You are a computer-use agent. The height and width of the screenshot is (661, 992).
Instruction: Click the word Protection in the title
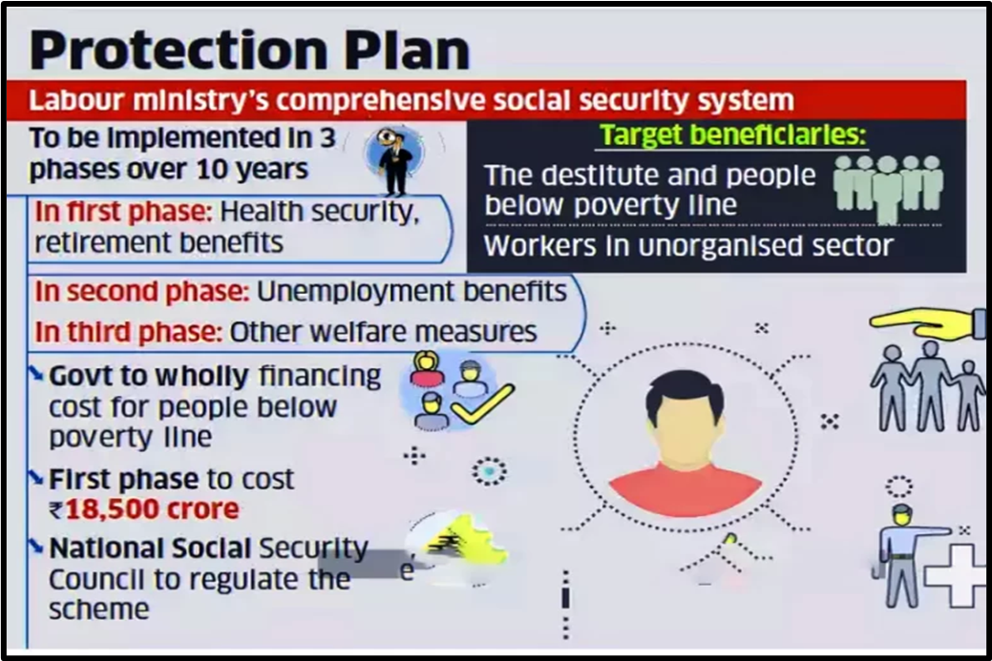coord(179,50)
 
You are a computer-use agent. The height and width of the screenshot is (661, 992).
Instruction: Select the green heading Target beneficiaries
coord(732,134)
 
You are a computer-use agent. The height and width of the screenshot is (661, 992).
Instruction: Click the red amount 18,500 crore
coord(153,508)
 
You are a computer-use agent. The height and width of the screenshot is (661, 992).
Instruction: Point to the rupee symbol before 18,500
coord(56,509)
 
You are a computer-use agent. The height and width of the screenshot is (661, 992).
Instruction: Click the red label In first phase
coord(123,213)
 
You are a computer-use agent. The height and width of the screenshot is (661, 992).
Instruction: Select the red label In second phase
coord(142,292)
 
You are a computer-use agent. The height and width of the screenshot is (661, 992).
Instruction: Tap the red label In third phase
coord(129,332)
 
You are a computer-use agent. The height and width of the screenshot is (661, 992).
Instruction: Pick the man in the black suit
coord(394,162)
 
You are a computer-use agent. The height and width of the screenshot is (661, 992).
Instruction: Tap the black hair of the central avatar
coord(685,393)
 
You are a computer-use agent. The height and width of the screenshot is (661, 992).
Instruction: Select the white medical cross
coord(956,576)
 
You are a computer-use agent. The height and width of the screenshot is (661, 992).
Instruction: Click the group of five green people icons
coord(888,187)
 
